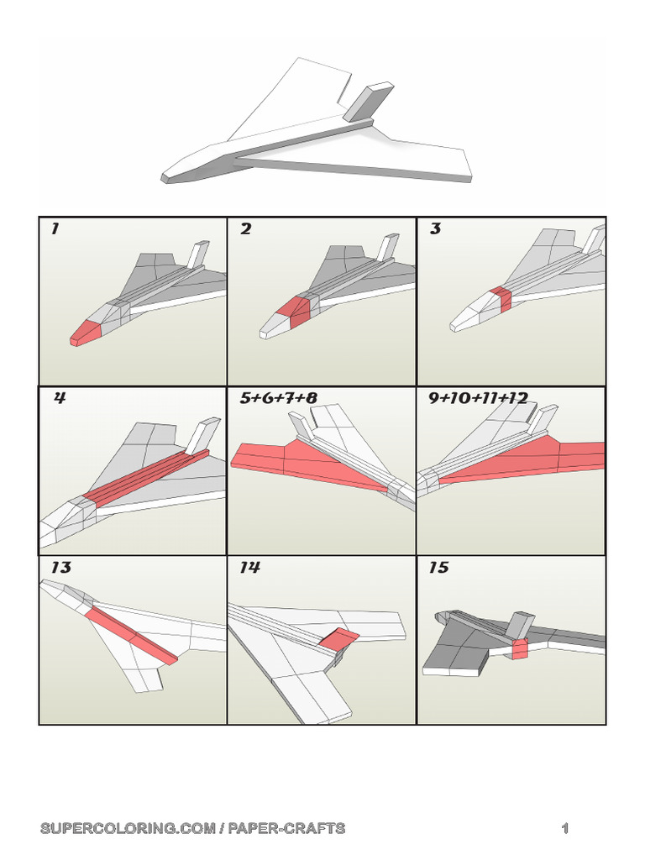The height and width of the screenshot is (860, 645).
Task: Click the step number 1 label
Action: tap(55, 229)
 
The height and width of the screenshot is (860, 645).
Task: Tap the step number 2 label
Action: tap(245, 229)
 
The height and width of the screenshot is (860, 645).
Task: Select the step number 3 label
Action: tap(435, 229)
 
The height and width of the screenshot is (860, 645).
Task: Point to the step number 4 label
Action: tap(59, 398)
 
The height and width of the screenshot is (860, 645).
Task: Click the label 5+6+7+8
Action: tap(278, 398)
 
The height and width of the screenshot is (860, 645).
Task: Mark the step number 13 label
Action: tap(60, 568)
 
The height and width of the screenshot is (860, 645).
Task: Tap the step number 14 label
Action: tap(249, 568)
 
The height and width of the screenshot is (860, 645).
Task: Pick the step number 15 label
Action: tap(438, 568)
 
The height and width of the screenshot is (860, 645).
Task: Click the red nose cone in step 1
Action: tap(84, 333)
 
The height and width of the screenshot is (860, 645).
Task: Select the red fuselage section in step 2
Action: tap(297, 311)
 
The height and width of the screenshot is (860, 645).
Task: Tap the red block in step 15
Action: tap(519, 648)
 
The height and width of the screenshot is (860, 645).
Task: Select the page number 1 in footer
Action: tap(565, 829)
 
